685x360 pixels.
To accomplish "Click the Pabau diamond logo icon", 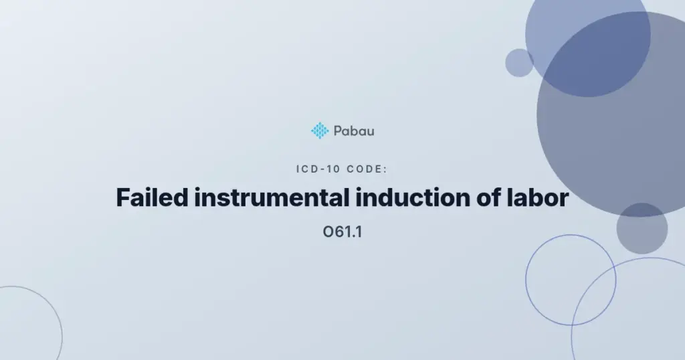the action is point(320,130).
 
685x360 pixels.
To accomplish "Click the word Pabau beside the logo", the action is point(354,131).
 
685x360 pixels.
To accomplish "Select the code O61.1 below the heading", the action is point(342,232).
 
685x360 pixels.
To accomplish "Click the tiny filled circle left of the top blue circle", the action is point(519,63).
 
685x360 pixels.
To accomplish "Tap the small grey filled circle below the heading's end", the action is point(642,228).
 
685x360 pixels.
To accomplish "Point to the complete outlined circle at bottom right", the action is point(526,280).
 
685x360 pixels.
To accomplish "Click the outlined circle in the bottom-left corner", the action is point(62,337).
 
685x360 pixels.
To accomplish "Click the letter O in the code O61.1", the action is point(327,232).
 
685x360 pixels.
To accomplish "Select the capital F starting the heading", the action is point(123,197).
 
